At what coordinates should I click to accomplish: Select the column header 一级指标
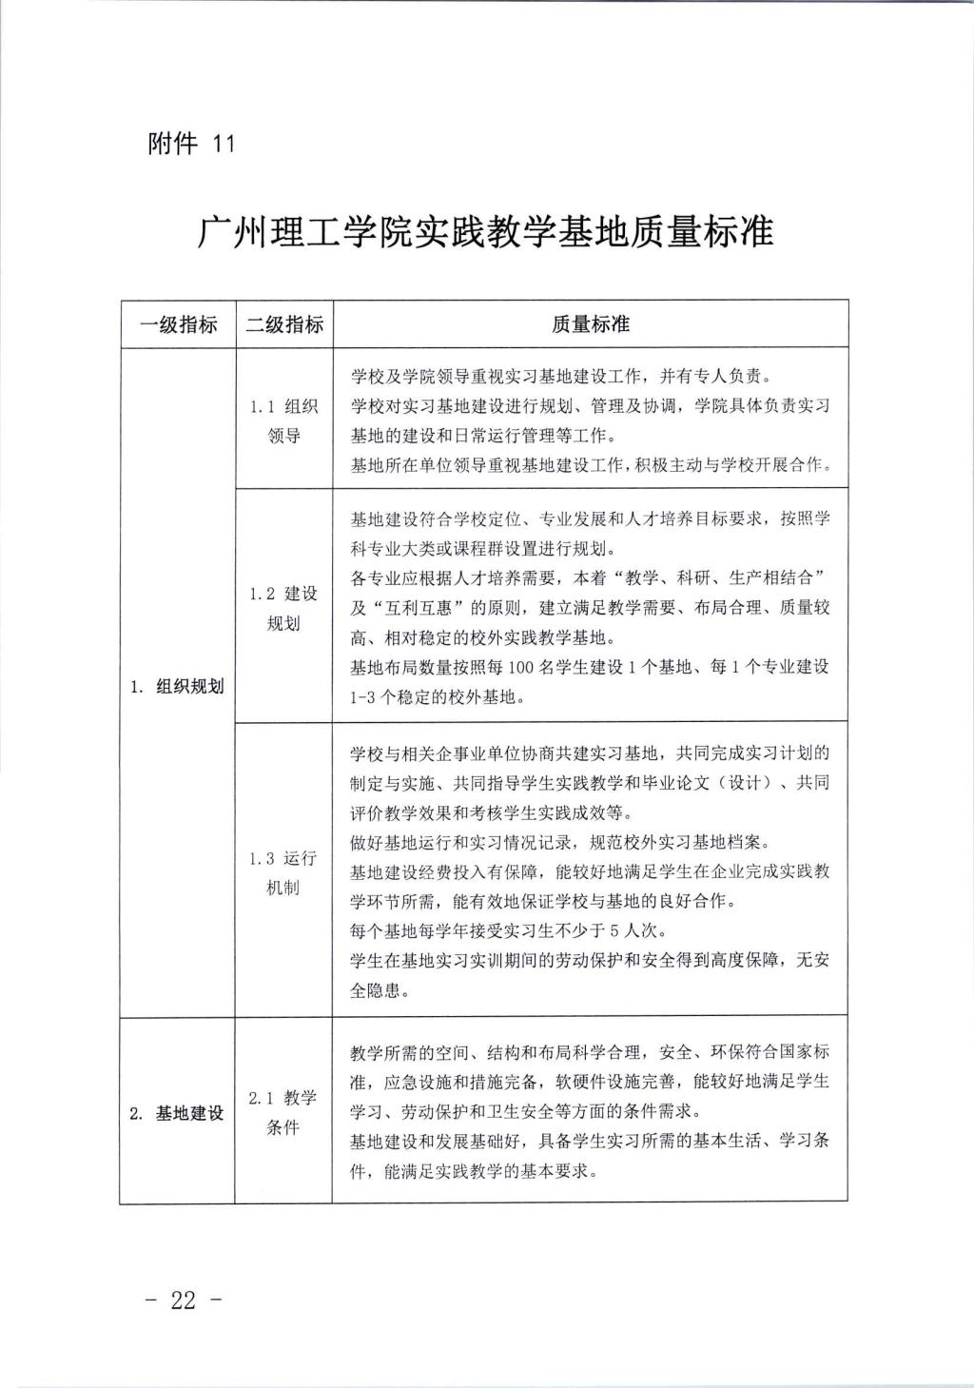coord(178,324)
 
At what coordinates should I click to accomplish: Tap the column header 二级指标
coord(284,324)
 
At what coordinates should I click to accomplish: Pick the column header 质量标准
coord(591,324)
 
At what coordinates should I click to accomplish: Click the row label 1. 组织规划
coord(178,686)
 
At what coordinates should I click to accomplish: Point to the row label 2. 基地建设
coord(178,1113)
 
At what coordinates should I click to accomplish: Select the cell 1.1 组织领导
coord(283,421)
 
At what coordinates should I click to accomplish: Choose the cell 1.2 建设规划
coord(283,608)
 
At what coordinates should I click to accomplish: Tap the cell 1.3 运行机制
coord(283,872)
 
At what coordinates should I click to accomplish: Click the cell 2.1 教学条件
coord(283,1112)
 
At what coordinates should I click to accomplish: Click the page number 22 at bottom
coord(184,1300)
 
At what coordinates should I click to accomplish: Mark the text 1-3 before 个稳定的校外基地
coord(366,697)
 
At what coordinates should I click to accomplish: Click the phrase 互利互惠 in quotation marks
coord(411,607)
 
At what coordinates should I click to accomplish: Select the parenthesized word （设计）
coord(745,783)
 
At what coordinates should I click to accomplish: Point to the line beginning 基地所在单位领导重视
coord(590,465)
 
